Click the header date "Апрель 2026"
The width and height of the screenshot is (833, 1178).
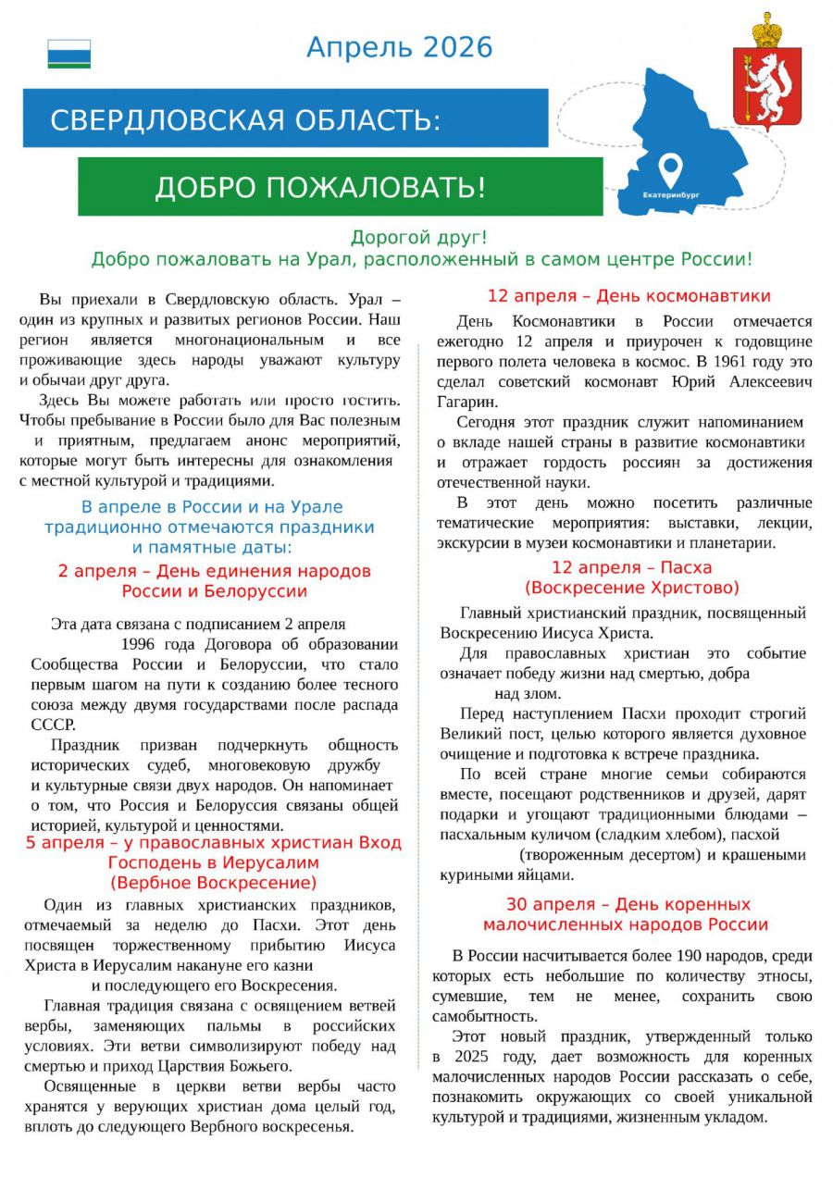click(399, 47)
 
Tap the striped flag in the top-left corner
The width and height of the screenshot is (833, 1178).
click(69, 54)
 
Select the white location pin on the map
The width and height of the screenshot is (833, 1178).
click(670, 170)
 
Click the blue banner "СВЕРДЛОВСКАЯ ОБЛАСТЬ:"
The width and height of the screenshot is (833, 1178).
click(244, 119)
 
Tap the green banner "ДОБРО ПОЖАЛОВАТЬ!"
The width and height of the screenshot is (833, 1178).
click(320, 188)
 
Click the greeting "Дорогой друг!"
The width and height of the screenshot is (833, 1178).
click(418, 238)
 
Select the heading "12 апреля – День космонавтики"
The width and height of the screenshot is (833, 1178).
click(628, 296)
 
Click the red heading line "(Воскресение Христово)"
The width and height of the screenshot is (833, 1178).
click(632, 588)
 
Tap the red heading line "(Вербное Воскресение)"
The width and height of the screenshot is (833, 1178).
click(214, 883)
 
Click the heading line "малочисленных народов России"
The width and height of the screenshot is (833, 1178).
click(625, 924)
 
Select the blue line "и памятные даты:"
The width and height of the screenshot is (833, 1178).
click(212, 547)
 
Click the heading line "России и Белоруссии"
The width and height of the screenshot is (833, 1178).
click(214, 591)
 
